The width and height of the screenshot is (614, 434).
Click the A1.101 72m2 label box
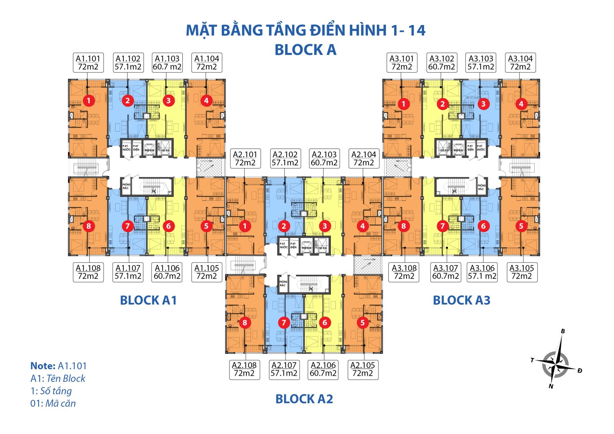(88, 63)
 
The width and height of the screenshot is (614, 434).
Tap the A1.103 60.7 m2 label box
(167, 63)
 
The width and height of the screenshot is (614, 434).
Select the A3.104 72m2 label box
(520, 63)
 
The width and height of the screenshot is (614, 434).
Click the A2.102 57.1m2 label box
(285, 158)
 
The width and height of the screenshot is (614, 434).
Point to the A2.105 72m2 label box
(363, 369)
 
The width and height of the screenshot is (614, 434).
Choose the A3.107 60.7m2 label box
(446, 272)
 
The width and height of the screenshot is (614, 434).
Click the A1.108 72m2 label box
(88, 272)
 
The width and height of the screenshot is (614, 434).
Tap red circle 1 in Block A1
(89, 101)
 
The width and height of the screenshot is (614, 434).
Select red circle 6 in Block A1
(168, 226)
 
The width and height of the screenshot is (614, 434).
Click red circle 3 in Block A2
(325, 226)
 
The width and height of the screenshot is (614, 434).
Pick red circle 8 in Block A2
(245, 322)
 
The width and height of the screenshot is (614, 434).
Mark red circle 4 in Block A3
(521, 104)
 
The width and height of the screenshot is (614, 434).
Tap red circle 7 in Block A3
(442, 226)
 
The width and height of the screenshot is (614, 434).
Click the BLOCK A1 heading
(149, 300)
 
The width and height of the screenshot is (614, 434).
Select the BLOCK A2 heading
(304, 399)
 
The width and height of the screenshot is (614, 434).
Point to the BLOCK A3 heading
(461, 300)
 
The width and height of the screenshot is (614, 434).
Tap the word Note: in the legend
(43, 366)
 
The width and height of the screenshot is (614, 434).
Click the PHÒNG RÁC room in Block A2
(283, 284)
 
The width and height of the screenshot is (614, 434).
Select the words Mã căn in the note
(61, 403)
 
